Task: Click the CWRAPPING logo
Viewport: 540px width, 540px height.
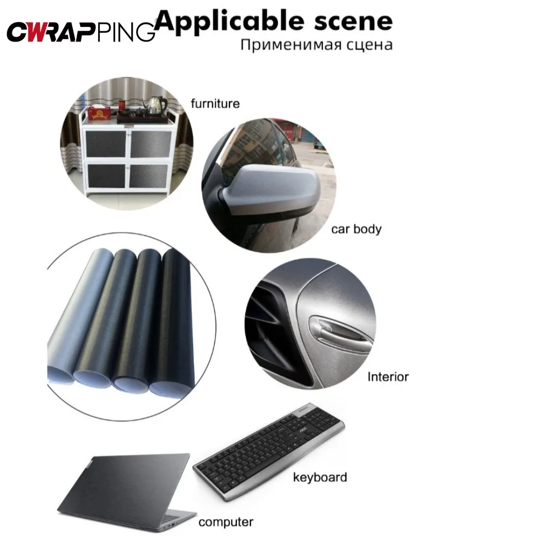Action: pyautogui.click(x=81, y=31)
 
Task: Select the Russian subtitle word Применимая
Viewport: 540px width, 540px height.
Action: pyautogui.click(x=286, y=44)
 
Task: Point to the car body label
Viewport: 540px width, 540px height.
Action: pyautogui.click(x=356, y=229)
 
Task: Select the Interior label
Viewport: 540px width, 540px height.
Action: pyautogui.click(x=388, y=376)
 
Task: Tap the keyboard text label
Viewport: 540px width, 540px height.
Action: pyautogui.click(x=320, y=477)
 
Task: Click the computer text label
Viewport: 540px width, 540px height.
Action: pyautogui.click(x=226, y=522)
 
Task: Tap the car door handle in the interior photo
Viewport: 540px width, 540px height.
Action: pyautogui.click(x=337, y=331)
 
